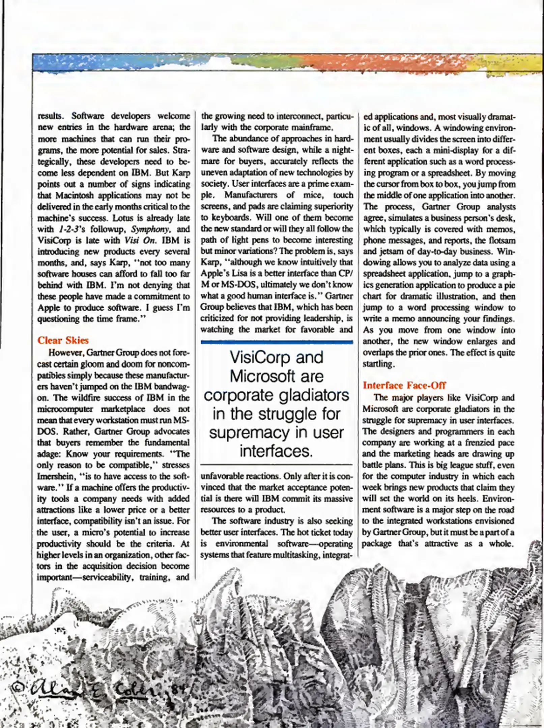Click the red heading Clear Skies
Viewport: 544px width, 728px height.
[x=63, y=340]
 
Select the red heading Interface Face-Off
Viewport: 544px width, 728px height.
[x=404, y=385]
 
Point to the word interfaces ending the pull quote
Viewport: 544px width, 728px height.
[x=276, y=451]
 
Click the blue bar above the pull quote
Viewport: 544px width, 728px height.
[x=277, y=342]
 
